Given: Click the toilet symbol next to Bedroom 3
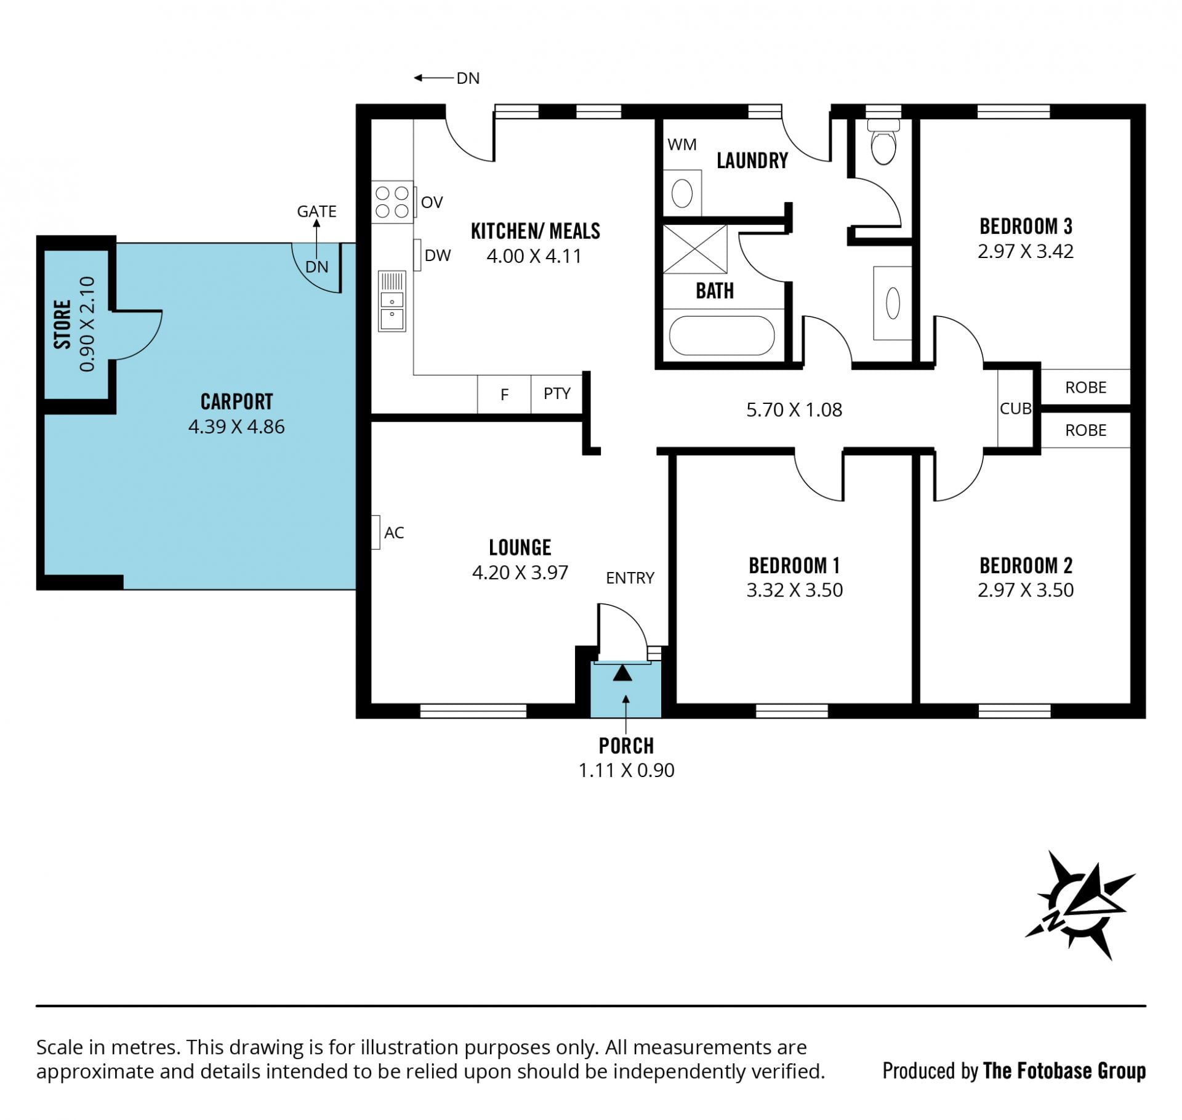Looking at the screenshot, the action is tap(883, 142).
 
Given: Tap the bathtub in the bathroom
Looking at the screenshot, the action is tap(722, 336).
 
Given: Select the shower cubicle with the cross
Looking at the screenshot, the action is tap(695, 249).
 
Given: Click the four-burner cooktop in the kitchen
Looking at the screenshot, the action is tap(392, 202).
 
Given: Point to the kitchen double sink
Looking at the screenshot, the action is tap(392, 302).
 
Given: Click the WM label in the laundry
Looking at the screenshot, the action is tap(682, 145).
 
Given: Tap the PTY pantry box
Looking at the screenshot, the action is tap(557, 394).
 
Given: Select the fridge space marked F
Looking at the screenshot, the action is tap(504, 394).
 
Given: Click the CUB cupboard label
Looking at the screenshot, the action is tap(1015, 408).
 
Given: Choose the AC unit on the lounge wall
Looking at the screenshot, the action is tap(376, 532).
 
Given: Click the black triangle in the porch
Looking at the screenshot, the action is tap(622, 673).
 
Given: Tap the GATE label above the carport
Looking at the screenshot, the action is tap(316, 211).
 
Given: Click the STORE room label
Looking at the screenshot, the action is tap(62, 324).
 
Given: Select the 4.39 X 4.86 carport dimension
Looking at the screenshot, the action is tap(236, 427).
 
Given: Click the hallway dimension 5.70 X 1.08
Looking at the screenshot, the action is tap(794, 410).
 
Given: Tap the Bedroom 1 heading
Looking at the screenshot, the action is tap(794, 565).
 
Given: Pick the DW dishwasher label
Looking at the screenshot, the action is tap(438, 256).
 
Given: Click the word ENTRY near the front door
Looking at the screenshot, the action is tap(630, 578).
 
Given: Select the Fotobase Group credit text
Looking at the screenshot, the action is tap(1014, 1071).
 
